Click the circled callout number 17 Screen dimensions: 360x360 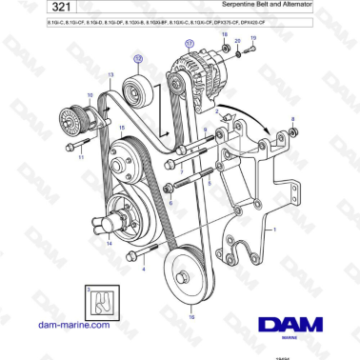[x=189, y=44]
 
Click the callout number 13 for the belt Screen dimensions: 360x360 [x=110, y=74]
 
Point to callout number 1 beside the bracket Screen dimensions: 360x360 [x=275, y=230]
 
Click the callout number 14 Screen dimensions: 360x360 [x=109, y=244]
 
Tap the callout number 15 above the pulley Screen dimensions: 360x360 [x=120, y=127]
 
